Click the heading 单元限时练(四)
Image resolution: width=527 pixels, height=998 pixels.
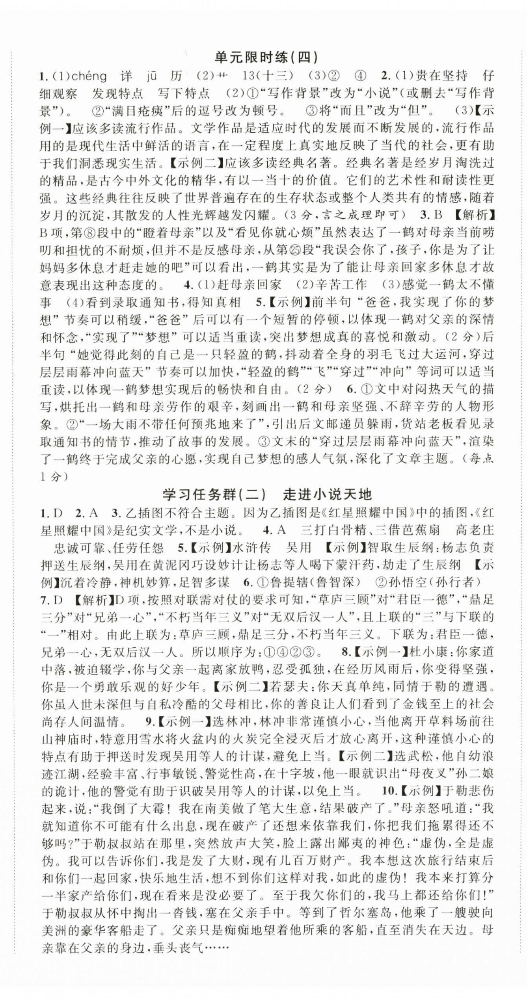click(266, 58)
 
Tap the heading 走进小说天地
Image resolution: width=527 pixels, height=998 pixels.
click(328, 494)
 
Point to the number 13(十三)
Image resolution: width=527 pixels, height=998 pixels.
click(268, 76)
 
